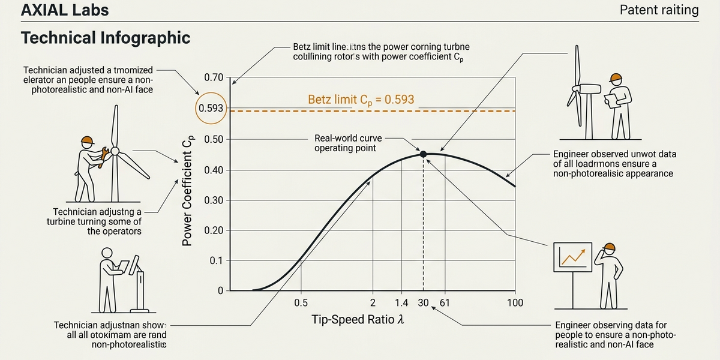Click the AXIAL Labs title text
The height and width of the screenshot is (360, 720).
(56, 10)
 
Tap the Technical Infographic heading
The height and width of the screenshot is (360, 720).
(106, 38)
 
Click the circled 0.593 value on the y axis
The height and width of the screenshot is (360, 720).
(211, 109)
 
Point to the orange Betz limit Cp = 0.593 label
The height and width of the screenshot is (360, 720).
(361, 100)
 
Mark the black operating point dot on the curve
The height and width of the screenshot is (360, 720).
(424, 154)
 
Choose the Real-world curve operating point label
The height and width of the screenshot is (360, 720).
(345, 143)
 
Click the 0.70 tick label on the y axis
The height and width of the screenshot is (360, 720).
(214, 78)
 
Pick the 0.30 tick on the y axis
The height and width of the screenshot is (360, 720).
(214, 200)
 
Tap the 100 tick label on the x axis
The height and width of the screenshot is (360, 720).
(515, 303)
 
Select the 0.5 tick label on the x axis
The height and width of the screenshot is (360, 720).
(301, 303)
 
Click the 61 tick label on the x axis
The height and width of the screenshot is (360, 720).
(445, 303)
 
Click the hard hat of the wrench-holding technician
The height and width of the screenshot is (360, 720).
(88, 140)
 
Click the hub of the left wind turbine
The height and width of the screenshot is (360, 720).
(116, 151)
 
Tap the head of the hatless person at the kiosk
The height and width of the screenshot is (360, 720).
(107, 253)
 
